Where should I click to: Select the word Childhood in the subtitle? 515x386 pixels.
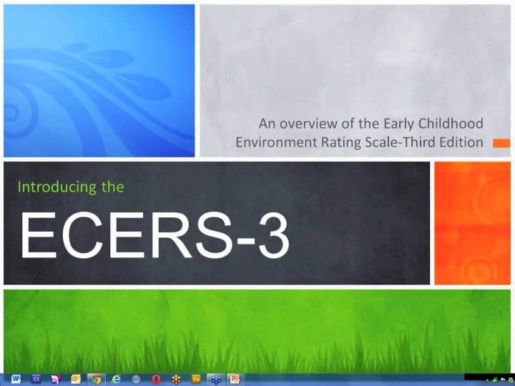pyautogui.click(x=453, y=124)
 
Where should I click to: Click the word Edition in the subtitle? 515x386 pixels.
pyautogui.click(x=462, y=142)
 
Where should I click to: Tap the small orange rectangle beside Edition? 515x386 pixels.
pyautogui.click(x=501, y=143)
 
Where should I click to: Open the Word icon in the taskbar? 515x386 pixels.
pyautogui.click(x=16, y=379)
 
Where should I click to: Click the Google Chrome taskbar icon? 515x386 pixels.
pyautogui.click(x=96, y=379)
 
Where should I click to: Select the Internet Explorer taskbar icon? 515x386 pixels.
pyautogui.click(x=116, y=379)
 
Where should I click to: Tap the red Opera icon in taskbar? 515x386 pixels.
pyautogui.click(x=155, y=379)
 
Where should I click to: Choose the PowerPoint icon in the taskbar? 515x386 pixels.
pyautogui.click(x=234, y=379)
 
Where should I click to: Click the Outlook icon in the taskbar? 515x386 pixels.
pyautogui.click(x=76, y=379)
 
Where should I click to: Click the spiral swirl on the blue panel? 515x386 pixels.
pyautogui.click(x=13, y=111)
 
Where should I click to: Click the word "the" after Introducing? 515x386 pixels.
pyautogui.click(x=112, y=188)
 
